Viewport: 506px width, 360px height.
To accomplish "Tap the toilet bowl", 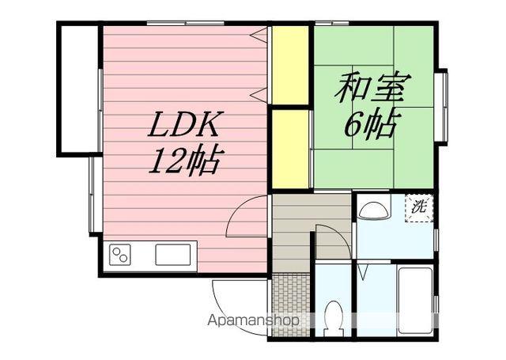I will point(334,316).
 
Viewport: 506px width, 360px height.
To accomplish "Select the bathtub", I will point(414,301).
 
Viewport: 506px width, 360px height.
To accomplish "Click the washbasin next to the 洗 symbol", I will point(373,209).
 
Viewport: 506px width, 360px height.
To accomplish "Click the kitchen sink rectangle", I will point(173,256).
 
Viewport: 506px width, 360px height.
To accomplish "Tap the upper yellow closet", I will point(290,65).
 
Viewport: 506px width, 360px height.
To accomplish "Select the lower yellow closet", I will point(290,149).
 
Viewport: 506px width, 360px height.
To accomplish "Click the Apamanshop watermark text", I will point(253,321).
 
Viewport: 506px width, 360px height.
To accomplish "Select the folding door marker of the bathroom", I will point(362,273).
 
